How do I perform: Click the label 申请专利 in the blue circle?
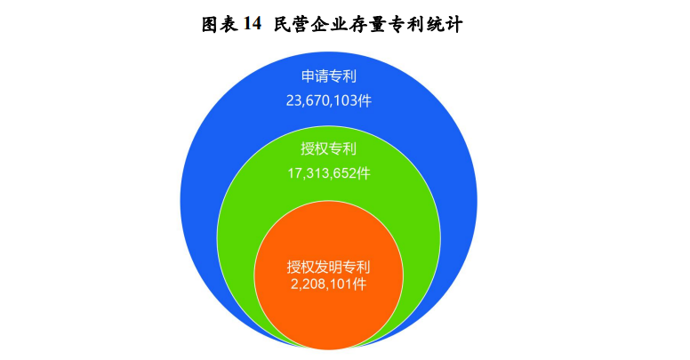(x=329, y=76)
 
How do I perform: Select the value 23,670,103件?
(x=329, y=100)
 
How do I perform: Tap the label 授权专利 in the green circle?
(x=329, y=148)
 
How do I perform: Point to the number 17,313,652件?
(x=329, y=173)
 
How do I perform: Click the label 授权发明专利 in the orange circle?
(x=329, y=268)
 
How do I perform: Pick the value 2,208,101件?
(x=329, y=284)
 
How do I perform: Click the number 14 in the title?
(x=253, y=24)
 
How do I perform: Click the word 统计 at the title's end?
(x=445, y=24)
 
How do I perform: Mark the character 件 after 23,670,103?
(x=365, y=100)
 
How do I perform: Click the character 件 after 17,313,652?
(x=364, y=173)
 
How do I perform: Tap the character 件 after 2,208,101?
(x=360, y=284)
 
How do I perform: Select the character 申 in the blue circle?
(x=308, y=76)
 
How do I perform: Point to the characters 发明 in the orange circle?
(x=329, y=268)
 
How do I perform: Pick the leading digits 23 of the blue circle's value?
(x=293, y=100)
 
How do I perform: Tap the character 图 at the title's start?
(x=211, y=24)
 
